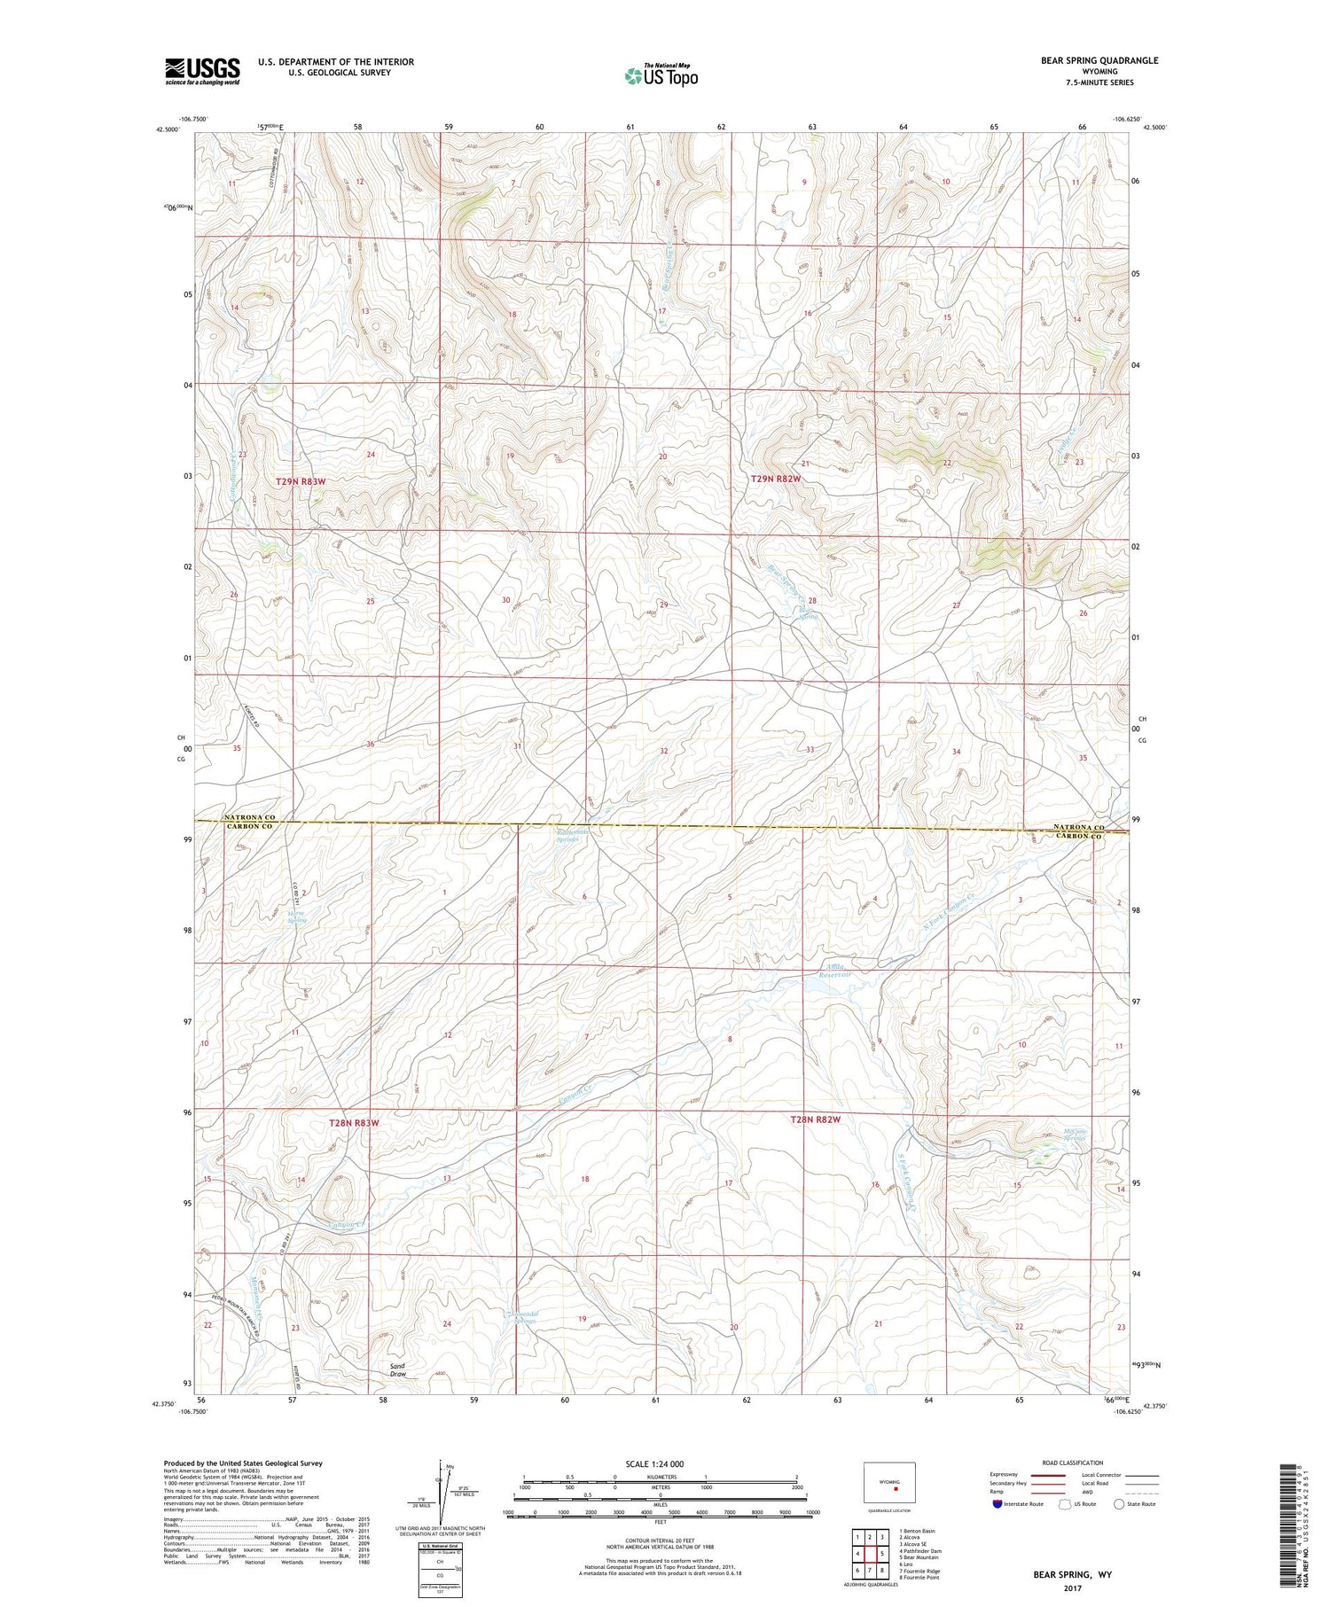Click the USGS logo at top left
tap(202, 71)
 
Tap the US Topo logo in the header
tap(661, 75)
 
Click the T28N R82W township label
tap(815, 1120)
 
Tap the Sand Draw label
tap(397, 1370)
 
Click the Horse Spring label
tap(297, 917)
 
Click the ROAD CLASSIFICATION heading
tap(1073, 1463)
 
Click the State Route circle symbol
tap(1119, 1503)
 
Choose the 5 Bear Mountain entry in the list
tap(919, 1557)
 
